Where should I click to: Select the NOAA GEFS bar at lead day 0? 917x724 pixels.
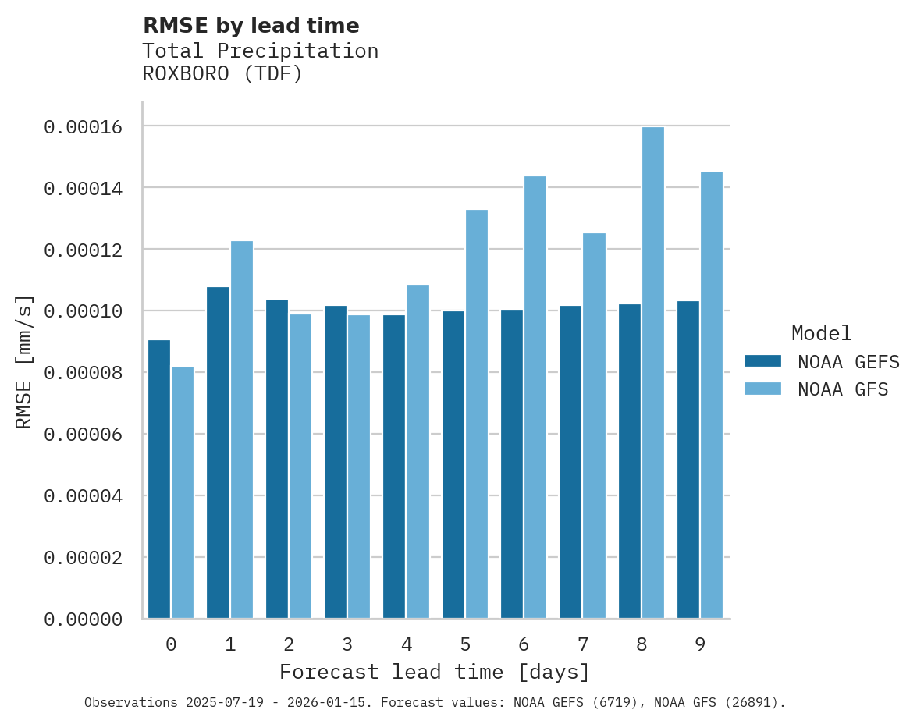coord(159,479)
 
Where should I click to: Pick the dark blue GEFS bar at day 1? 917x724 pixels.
coord(219,452)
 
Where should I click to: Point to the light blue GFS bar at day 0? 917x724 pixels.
coord(183,492)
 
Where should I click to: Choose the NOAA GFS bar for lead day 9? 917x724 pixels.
coord(712,395)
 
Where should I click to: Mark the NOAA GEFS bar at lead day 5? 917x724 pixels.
coord(453,464)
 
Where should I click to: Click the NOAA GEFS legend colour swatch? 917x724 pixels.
coord(762,361)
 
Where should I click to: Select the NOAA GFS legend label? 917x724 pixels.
coord(843,389)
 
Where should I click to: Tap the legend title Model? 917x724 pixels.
coord(821,333)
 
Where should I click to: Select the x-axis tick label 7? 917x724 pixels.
coord(582,644)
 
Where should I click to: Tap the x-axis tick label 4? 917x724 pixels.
coord(407,644)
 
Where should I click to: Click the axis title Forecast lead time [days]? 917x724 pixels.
coord(435,672)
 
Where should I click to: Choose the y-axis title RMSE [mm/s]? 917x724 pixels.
coord(24,361)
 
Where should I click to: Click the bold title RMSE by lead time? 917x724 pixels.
coord(251,26)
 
